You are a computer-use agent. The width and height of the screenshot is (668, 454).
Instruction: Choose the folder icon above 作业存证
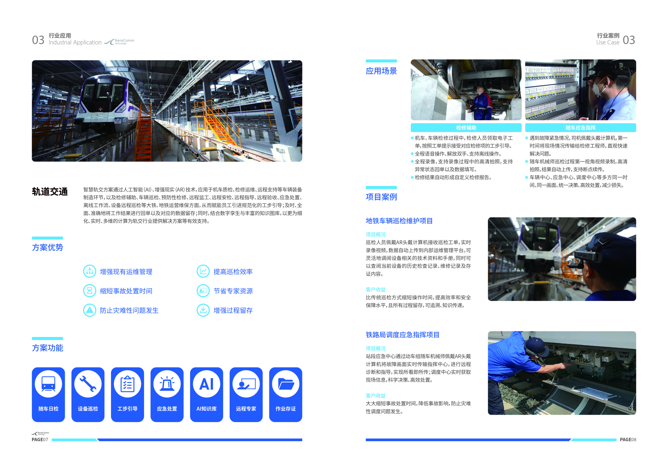[x=285, y=384]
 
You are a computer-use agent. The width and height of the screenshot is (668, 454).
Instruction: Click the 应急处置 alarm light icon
[x=167, y=384]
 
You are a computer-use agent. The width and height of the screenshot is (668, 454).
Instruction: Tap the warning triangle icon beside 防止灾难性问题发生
[x=90, y=310]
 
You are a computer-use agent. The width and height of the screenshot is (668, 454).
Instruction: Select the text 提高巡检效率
[x=233, y=271]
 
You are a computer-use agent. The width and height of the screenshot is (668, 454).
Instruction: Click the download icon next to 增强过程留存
[x=203, y=310]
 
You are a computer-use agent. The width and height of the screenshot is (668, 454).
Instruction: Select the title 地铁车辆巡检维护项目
[x=399, y=221]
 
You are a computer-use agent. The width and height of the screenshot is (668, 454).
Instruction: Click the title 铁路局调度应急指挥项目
[x=402, y=335]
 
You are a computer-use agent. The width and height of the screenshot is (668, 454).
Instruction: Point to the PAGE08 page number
[x=628, y=439]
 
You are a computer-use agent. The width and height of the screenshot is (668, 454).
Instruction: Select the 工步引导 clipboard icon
[x=127, y=384]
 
